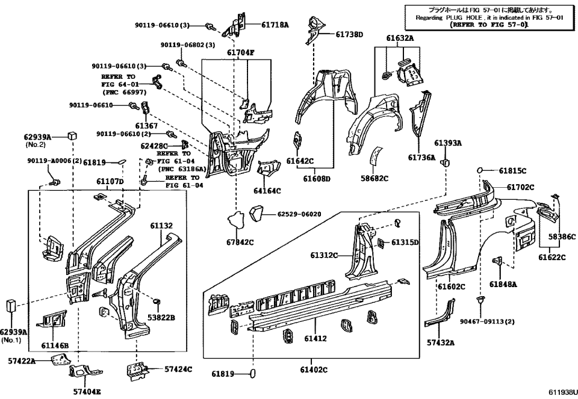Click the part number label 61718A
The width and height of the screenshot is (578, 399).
tap(275, 25)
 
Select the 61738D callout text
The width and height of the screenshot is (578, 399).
tap(350, 34)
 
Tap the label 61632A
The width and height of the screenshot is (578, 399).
tap(400, 37)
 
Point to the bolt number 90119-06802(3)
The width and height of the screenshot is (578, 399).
tap(188, 45)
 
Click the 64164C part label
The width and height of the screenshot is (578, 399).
tap(267, 191)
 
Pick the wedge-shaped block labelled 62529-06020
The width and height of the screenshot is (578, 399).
tap(257, 213)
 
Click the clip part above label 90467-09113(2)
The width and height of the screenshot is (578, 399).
tap(480, 298)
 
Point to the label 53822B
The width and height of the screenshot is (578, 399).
tap(162, 317)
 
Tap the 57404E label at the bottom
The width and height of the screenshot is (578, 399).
tap(87, 391)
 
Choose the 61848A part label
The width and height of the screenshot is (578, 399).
tap(503, 284)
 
